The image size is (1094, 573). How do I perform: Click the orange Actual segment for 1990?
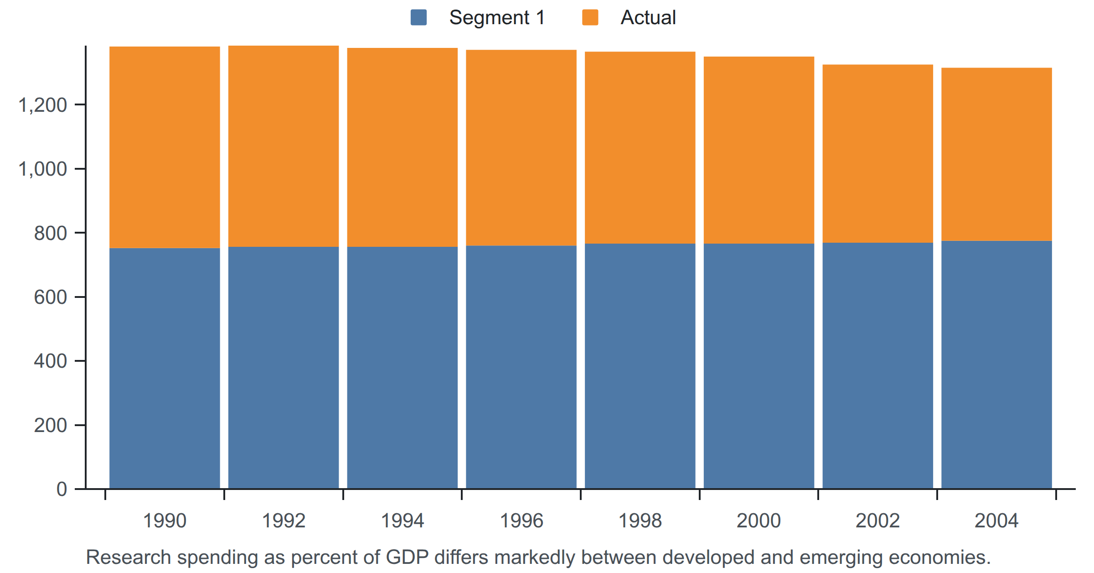click(165, 147)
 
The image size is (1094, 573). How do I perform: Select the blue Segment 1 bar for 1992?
click(284, 368)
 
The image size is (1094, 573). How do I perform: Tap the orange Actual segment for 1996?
click(521, 148)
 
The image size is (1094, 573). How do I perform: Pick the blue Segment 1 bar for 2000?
click(759, 366)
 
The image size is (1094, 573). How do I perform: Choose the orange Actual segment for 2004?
click(996, 154)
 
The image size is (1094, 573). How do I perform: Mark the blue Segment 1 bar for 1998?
click(640, 366)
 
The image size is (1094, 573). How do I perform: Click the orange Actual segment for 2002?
click(878, 154)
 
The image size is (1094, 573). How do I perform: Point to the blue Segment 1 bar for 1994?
click(403, 368)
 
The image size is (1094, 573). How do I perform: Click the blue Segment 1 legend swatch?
click(418, 18)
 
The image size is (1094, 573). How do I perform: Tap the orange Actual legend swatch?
click(590, 18)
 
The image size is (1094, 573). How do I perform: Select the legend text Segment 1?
click(497, 18)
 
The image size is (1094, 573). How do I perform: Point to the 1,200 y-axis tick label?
click(42, 105)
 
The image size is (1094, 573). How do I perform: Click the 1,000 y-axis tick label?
click(42, 169)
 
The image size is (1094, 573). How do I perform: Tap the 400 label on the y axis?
click(51, 361)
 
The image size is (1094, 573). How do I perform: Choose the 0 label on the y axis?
click(62, 489)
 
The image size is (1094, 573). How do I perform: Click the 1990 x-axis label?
click(165, 521)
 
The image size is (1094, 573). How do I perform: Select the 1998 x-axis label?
click(640, 521)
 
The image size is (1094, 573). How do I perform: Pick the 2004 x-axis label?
click(996, 521)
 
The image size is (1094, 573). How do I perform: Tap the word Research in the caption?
click(129, 557)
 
